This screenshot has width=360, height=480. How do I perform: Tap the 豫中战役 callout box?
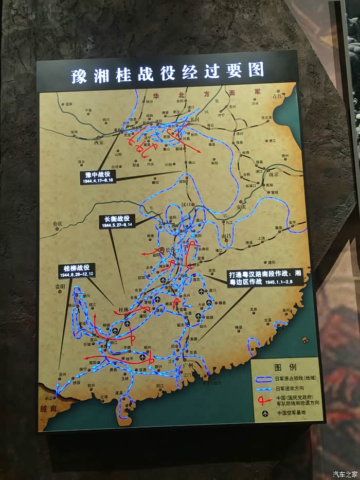click(97, 177)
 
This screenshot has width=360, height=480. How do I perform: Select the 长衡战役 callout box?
click(117, 221)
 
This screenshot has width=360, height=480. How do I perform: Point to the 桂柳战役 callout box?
click(77, 271)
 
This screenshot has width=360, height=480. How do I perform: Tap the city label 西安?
click(99, 144)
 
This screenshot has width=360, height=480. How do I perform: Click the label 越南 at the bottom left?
click(47, 407)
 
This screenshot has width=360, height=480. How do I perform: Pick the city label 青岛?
click(278, 96)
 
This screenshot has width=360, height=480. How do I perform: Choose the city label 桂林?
click(124, 309)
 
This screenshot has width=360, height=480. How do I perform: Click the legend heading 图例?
click(284, 367)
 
